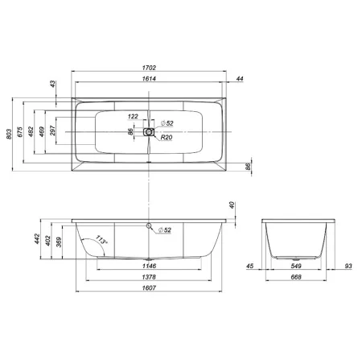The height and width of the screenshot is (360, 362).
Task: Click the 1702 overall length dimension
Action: point(149,68)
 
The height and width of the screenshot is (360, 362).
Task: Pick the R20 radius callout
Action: point(166,139)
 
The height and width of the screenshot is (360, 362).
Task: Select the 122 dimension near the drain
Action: point(134,117)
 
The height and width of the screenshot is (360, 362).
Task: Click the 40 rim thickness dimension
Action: point(232,205)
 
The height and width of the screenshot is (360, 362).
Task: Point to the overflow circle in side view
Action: point(149,225)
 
